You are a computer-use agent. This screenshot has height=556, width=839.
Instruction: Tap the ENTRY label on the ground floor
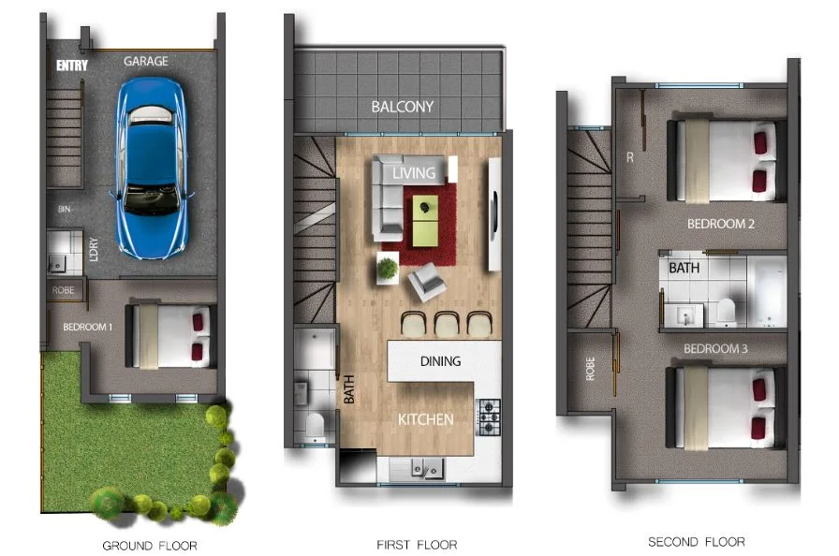click(71, 66)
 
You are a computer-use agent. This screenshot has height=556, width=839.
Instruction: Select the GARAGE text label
click(146, 61)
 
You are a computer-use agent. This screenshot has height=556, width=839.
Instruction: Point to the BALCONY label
click(402, 107)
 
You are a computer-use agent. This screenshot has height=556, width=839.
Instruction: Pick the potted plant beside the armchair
click(388, 269)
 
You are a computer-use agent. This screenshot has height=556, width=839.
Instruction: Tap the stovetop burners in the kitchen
click(490, 417)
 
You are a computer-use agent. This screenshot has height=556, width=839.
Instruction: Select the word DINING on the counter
click(440, 361)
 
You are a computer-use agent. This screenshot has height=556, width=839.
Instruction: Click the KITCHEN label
click(425, 419)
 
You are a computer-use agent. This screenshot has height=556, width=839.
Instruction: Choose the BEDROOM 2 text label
click(720, 225)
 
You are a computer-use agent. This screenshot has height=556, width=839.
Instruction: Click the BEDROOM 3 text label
click(716, 349)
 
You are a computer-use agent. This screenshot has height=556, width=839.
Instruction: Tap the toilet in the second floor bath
click(725, 310)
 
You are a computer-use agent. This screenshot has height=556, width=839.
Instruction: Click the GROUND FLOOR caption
click(150, 545)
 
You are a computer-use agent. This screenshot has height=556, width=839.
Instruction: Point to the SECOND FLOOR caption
click(697, 542)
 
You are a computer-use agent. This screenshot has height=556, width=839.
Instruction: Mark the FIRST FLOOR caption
click(417, 544)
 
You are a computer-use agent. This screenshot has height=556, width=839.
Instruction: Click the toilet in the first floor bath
click(315, 426)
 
